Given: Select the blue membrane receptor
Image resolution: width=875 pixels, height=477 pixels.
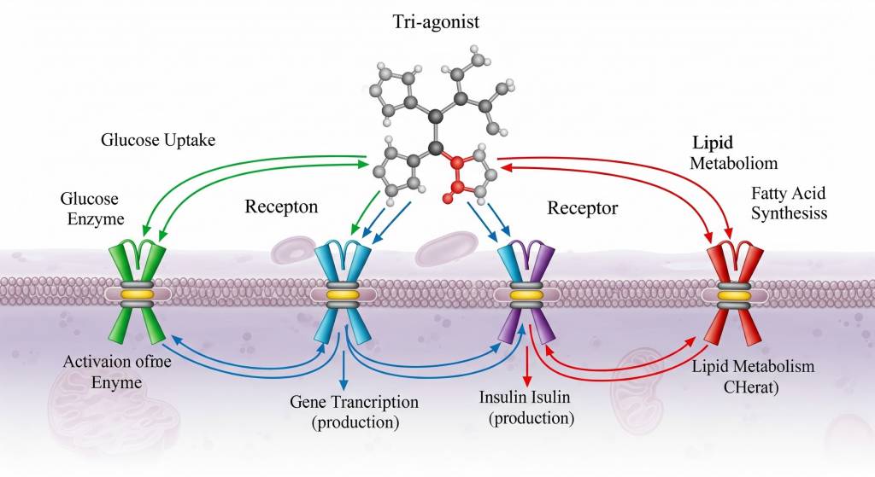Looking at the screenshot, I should click(342, 294).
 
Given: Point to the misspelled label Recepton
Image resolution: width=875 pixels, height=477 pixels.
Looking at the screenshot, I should click(282, 207).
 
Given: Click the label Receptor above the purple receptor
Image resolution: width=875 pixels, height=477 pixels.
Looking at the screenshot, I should click(583, 207).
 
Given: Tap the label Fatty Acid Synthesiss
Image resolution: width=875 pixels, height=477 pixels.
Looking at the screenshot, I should click(788, 203).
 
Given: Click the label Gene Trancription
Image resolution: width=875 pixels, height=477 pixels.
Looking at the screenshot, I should click(354, 402).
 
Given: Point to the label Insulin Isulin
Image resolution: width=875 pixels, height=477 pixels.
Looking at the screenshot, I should click(525, 398).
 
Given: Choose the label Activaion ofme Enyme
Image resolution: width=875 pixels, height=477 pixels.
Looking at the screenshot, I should click(117, 370).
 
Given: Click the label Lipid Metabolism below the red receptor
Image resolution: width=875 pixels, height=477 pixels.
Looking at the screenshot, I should click(752, 367).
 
